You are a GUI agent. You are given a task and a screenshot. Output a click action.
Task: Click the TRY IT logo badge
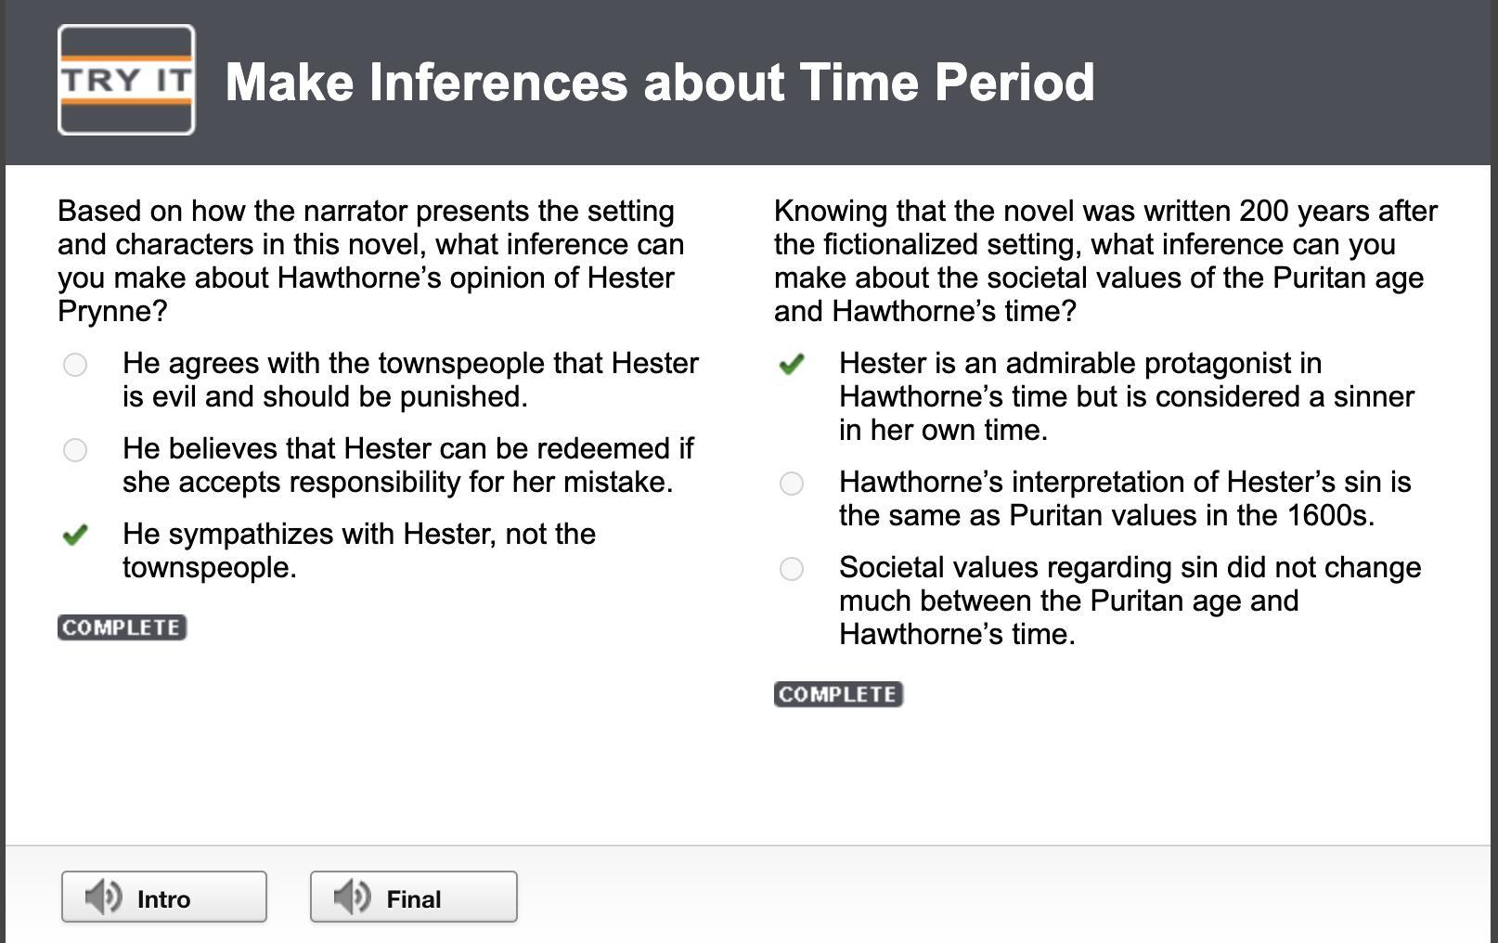[126, 80]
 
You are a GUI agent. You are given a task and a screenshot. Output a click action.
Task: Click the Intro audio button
[164, 897]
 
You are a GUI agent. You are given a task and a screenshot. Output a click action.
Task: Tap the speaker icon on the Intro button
[103, 897]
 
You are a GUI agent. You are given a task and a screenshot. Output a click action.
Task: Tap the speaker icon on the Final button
[352, 897]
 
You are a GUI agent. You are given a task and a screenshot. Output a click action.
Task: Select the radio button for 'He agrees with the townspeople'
[75, 365]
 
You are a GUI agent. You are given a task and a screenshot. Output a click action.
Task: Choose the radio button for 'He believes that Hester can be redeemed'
[75, 450]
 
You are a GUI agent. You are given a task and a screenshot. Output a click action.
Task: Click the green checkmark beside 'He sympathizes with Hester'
[75, 535]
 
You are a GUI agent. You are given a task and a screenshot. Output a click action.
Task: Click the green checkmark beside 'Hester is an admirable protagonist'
[791, 364]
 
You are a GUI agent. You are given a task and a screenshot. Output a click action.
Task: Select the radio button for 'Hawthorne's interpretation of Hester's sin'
[791, 483]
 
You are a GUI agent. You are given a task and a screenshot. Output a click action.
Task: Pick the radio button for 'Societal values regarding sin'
[791, 568]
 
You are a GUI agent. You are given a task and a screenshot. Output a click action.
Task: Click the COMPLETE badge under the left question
[122, 627]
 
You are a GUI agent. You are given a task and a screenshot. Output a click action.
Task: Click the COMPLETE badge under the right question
[839, 694]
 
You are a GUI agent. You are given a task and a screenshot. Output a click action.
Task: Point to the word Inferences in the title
[498, 83]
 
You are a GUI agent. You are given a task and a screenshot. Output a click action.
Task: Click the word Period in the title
[1014, 83]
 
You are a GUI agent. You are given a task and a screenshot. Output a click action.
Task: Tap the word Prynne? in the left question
[112, 312]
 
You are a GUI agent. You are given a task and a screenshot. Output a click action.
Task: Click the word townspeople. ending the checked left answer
[210, 568]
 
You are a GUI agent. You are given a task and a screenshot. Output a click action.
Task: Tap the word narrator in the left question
[355, 212]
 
